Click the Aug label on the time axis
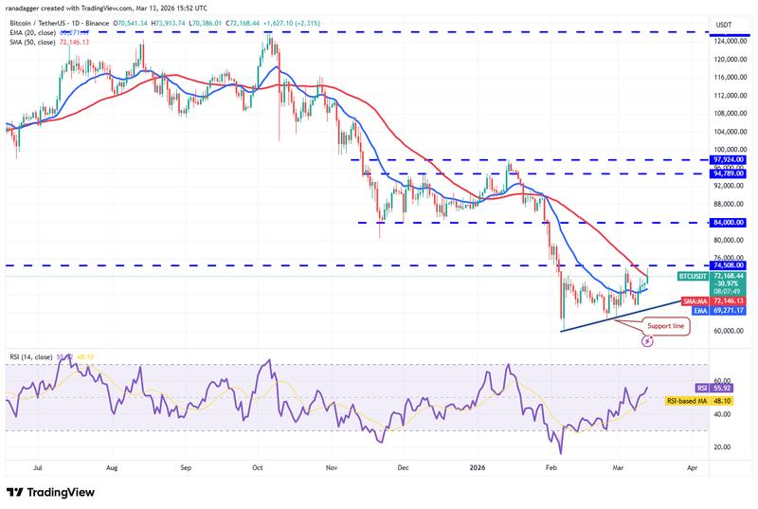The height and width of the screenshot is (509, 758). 113,467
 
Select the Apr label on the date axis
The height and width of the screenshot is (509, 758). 692,467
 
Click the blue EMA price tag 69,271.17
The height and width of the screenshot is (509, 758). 707,310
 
